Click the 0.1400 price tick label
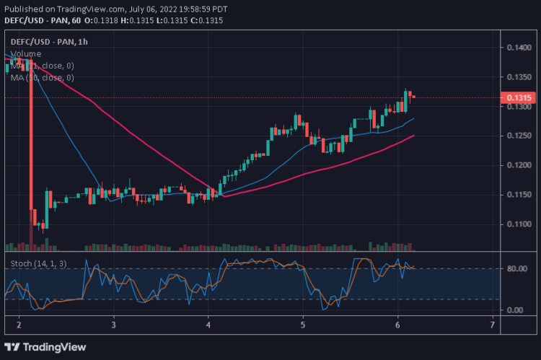point(519,48)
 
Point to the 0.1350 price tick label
point(519,77)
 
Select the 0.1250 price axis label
point(519,136)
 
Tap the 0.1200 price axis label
point(519,165)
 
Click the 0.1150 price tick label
point(519,195)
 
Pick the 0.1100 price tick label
point(519,224)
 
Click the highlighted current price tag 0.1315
point(519,97)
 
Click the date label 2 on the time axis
point(19,325)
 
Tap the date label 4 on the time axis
point(208,325)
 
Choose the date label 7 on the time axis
point(492,325)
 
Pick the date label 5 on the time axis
point(303,325)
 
